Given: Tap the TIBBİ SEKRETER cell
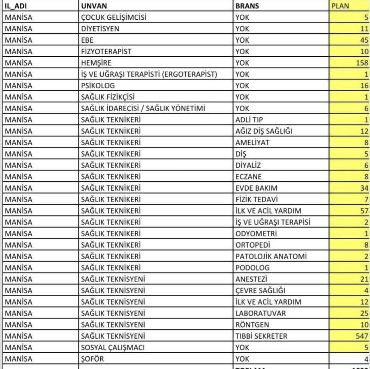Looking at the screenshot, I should point(261,336).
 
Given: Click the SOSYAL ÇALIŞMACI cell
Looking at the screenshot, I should point(113,347).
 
